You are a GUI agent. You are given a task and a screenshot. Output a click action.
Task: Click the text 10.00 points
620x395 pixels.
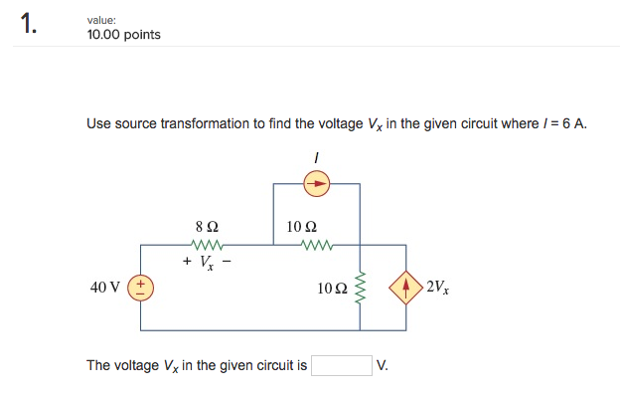(x=123, y=35)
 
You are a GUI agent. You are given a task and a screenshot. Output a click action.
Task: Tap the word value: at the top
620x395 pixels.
(x=102, y=19)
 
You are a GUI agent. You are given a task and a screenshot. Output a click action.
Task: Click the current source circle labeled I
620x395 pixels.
(x=316, y=183)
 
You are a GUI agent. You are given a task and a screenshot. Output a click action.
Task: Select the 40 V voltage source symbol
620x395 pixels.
(x=140, y=287)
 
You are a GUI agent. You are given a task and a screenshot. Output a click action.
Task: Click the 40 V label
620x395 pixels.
(x=105, y=288)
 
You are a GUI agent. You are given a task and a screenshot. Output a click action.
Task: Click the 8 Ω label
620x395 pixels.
(x=206, y=226)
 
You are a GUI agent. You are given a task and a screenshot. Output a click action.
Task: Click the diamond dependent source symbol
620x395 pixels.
(x=407, y=288)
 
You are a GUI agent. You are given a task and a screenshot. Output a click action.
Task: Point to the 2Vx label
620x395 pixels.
(x=437, y=288)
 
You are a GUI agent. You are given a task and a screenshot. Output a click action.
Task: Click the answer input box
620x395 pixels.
(x=342, y=365)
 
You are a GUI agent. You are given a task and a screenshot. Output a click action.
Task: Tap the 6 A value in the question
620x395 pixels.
(x=574, y=124)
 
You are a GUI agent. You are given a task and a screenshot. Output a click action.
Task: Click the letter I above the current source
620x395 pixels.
(x=315, y=156)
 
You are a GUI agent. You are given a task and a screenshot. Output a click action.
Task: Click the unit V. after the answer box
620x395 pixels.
(x=383, y=365)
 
